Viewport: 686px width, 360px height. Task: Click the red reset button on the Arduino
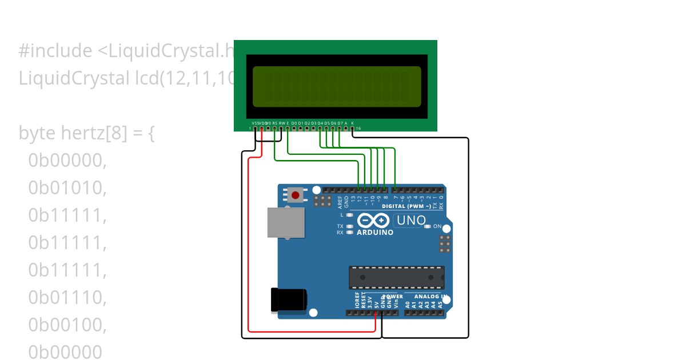click(295, 195)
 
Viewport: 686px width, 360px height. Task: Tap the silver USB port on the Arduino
click(286, 222)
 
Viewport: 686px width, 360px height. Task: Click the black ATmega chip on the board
click(397, 277)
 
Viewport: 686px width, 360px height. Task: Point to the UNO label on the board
click(411, 221)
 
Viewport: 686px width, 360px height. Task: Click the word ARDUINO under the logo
click(374, 233)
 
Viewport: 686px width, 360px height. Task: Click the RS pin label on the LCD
click(275, 123)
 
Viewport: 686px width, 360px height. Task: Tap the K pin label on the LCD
click(353, 123)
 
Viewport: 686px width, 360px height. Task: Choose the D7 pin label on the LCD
click(340, 123)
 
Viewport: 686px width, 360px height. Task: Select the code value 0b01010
click(67, 187)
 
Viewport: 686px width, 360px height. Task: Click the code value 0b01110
click(67, 297)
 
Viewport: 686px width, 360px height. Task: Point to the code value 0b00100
click(67, 325)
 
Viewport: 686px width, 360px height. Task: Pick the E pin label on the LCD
click(288, 123)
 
